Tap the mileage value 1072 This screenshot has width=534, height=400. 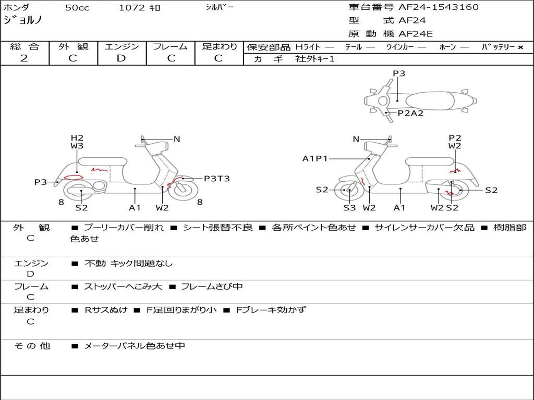(132, 8)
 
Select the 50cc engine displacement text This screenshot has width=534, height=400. (76, 8)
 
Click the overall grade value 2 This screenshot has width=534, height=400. (24, 58)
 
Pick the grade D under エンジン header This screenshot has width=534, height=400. (122, 58)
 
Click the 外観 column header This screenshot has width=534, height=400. (73, 46)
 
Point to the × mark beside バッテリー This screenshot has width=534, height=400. (520, 47)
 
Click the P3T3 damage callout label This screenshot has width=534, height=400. (216, 179)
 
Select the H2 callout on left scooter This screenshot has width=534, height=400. (77, 138)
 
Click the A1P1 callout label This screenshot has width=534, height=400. (315, 158)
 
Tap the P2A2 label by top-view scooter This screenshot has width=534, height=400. (410, 113)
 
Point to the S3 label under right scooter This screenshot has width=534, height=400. (349, 208)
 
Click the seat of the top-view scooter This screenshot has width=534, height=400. (432, 101)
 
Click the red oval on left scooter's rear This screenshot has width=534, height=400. (74, 178)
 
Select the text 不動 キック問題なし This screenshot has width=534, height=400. (128, 264)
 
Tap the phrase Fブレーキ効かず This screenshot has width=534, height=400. (271, 310)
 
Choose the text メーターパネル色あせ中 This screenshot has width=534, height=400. (135, 346)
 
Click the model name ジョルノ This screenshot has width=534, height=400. (23, 20)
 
